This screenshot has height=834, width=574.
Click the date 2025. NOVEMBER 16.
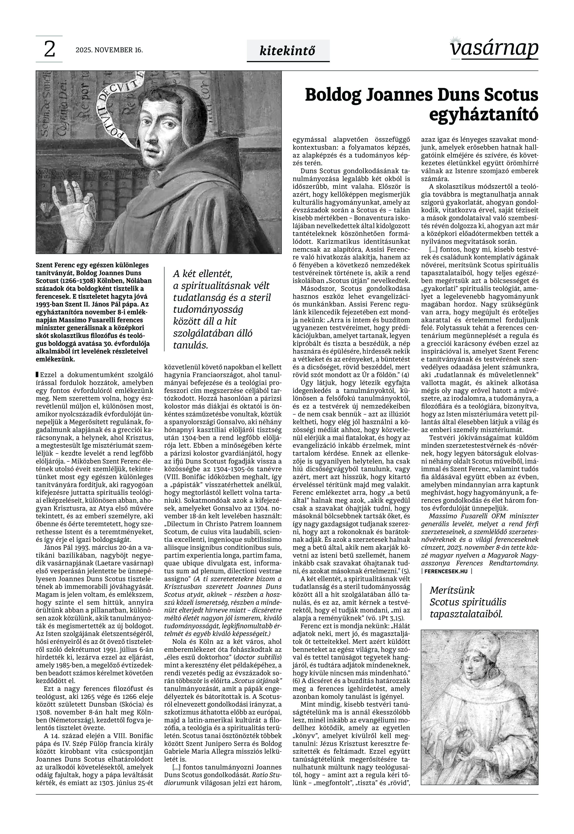pos(109,50)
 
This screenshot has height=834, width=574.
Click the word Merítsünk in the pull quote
pos(452,590)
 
